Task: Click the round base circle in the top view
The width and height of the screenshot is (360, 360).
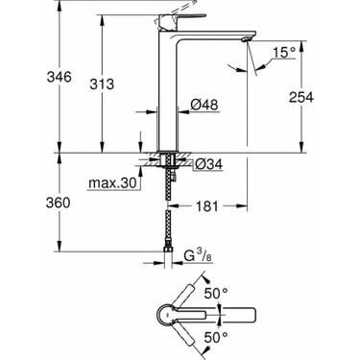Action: [x=164, y=314]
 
